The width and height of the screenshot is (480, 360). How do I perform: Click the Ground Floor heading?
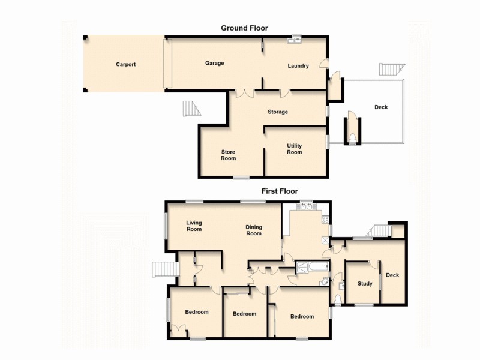(x=244, y=28)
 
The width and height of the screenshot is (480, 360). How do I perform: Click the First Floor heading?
(x=279, y=191)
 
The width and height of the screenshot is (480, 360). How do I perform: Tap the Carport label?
(x=126, y=64)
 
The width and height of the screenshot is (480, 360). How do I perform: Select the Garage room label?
(x=214, y=63)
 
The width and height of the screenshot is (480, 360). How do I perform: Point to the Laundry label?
(x=298, y=66)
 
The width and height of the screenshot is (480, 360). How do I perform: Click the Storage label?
(x=278, y=112)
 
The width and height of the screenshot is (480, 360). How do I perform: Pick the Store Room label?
(x=228, y=155)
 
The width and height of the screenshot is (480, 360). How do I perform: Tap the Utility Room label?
(x=294, y=149)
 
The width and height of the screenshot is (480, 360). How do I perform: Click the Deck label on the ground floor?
(x=381, y=107)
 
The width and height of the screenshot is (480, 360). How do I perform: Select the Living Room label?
(x=194, y=226)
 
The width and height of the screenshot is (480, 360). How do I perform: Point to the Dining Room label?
(x=254, y=230)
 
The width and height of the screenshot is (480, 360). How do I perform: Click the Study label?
(x=365, y=284)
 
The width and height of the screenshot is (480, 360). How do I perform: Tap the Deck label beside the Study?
(x=392, y=275)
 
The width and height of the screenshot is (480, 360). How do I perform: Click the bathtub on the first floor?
(x=310, y=268)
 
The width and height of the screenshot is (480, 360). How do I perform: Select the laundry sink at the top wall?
(x=295, y=40)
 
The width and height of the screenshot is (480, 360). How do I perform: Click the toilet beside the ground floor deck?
(x=352, y=139)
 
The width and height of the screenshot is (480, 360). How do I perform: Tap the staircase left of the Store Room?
(x=191, y=109)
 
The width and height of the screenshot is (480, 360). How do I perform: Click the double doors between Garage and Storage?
(x=244, y=93)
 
